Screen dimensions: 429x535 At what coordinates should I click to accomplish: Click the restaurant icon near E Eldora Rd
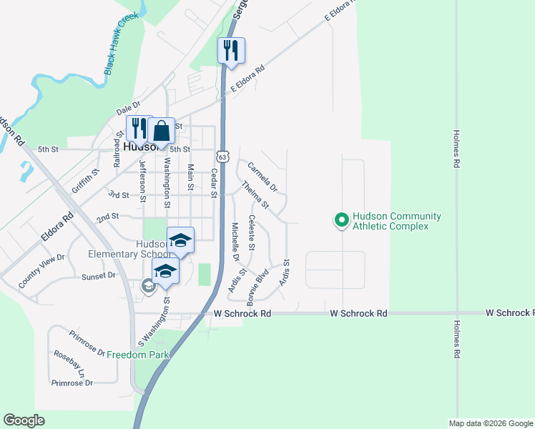pos(231,51)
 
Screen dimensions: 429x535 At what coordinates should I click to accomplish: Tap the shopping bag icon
pos(162,130)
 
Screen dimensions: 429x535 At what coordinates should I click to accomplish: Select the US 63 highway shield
pos(223,156)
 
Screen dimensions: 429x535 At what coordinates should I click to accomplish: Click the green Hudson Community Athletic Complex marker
pos(341,220)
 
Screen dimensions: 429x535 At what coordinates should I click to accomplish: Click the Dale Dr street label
pos(128,108)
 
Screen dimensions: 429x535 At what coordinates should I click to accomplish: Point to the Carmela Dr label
pos(262,177)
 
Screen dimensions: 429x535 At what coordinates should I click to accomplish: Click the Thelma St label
pos(255,195)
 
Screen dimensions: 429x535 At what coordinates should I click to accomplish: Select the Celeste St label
pos(251,232)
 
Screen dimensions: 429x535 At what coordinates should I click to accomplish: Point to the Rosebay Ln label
pos(69,363)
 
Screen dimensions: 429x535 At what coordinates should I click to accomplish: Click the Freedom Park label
pos(137,355)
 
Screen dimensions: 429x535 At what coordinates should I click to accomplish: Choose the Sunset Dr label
pos(99,275)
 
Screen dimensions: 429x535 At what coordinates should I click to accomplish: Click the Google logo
pos(24,420)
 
